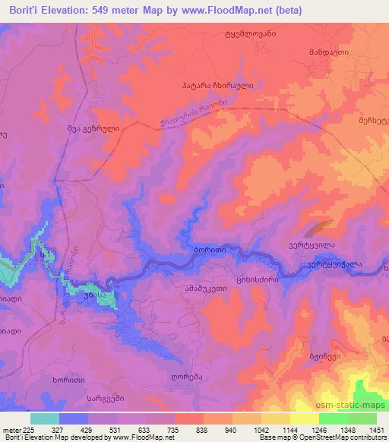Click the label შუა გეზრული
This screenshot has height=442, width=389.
(x=93, y=129)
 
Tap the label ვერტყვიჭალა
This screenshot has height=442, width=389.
(x=334, y=265)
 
